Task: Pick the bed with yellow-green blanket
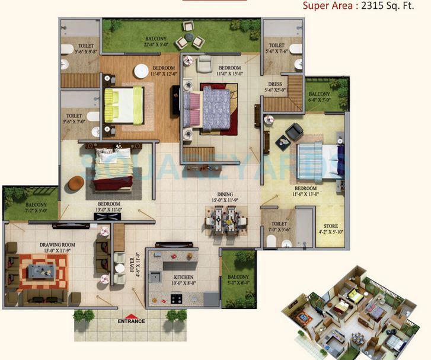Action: pos(123,105)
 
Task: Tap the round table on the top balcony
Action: pos(189,36)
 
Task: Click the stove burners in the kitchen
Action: pos(177,298)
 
